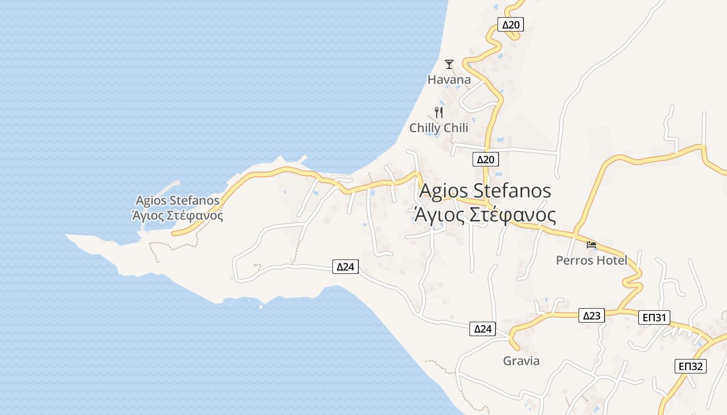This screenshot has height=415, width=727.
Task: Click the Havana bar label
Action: click(449, 80)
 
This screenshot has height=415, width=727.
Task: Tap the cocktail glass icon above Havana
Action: click(449, 64)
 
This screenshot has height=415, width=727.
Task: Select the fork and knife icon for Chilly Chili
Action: click(439, 112)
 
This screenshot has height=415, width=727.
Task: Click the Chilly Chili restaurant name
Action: click(439, 128)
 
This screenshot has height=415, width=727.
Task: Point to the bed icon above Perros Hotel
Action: click(591, 244)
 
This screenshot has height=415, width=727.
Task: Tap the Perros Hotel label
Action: click(591, 260)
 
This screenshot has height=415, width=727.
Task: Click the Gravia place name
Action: click(521, 361)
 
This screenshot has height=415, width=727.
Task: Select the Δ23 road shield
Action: click(591, 315)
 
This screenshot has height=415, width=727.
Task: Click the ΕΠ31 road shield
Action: click(654, 317)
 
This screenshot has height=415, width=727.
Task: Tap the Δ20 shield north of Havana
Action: click(510, 24)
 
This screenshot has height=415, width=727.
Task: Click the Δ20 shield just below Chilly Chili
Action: click(486, 159)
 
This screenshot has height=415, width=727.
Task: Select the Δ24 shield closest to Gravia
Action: click(482, 328)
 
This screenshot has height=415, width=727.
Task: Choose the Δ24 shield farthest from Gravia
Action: click(345, 267)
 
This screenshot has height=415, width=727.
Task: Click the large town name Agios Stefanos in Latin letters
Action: click(485, 191)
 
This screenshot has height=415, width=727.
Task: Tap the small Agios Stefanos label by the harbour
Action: click(178, 200)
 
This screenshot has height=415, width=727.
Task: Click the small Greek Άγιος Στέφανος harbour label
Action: click(178, 215)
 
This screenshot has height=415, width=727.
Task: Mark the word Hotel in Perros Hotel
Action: click(613, 260)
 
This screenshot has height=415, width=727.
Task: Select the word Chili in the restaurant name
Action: click(455, 128)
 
